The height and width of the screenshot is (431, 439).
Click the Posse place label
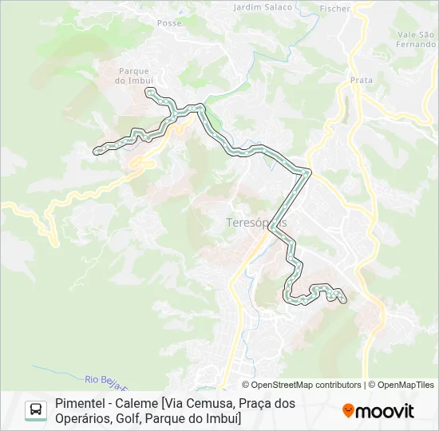[169, 23]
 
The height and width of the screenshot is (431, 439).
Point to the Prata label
[362, 80]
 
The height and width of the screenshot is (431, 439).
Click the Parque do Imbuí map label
[133, 76]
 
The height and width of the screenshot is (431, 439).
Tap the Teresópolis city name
[251, 223]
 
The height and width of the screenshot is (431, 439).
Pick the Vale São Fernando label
[416, 39]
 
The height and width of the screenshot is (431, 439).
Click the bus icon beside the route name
[36, 410]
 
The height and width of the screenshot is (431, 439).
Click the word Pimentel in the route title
[80, 404]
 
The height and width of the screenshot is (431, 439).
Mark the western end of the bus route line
[96, 149]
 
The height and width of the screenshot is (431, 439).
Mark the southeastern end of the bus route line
[344, 300]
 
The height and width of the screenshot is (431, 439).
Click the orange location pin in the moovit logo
[348, 411]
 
